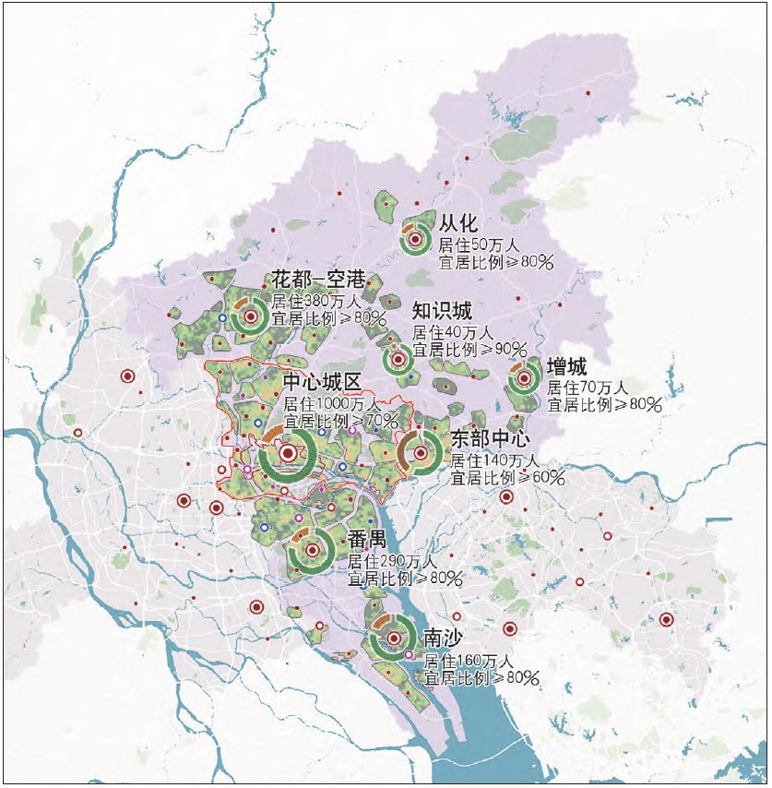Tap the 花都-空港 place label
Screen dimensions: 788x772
[318, 279]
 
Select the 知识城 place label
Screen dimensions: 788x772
[442, 311]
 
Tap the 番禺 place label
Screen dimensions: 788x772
[367, 539]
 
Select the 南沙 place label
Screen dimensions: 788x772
[442, 639]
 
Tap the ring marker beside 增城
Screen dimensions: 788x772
[524, 377]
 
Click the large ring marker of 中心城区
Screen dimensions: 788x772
[288, 453]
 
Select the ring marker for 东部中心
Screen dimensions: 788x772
[421, 452]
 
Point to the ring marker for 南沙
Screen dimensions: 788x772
[394, 639]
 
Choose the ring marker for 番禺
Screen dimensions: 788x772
[313, 551]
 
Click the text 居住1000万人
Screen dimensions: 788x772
[331, 404]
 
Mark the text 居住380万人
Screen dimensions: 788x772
[314, 301]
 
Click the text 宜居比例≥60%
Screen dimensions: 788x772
[507, 478]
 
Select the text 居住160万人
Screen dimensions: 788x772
[469, 661]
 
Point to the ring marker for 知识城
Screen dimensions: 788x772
[398, 359]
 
